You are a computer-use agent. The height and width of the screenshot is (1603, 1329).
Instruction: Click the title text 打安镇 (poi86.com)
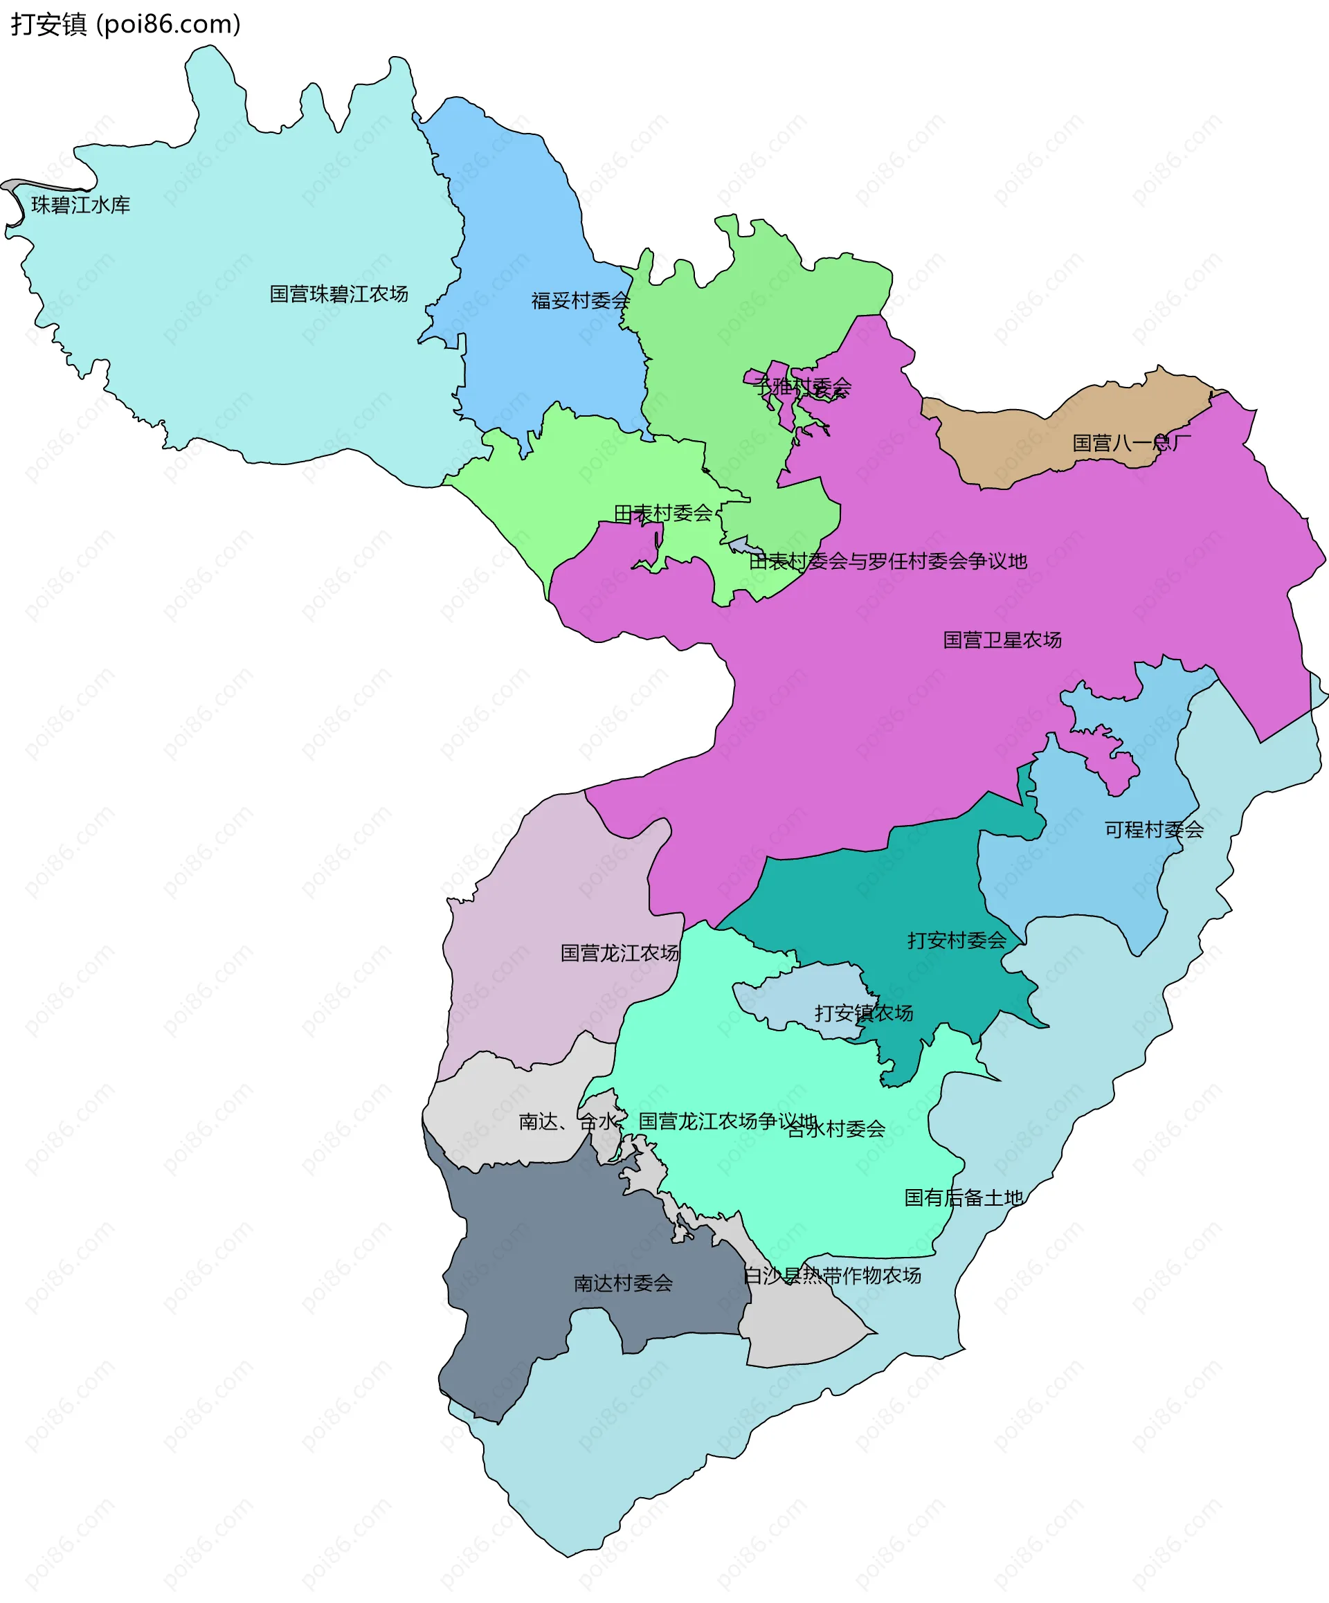(126, 24)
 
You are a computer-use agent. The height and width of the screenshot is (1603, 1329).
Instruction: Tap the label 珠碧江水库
(81, 206)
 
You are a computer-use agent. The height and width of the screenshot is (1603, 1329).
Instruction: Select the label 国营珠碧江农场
(339, 294)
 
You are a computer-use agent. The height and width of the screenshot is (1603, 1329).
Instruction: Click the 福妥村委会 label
(580, 301)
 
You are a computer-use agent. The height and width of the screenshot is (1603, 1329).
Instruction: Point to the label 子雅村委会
(802, 387)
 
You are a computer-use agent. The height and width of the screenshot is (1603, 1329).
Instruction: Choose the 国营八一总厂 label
(1130, 443)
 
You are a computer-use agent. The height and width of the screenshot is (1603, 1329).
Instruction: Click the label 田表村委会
(662, 514)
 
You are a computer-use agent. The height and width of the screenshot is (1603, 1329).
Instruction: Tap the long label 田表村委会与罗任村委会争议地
(888, 562)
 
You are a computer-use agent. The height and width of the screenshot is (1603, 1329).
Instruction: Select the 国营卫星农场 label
(1002, 640)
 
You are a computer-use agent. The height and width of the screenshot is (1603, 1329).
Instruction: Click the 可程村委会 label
(1153, 830)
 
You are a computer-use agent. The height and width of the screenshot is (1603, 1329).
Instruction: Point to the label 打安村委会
(957, 941)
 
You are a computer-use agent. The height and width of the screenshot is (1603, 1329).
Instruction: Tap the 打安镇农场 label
(863, 1013)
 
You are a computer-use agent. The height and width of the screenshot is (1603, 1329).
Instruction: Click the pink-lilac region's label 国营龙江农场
(619, 952)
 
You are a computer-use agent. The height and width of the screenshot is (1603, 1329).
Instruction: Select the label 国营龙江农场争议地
(727, 1121)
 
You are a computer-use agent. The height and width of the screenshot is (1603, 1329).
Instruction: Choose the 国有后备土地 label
(963, 1197)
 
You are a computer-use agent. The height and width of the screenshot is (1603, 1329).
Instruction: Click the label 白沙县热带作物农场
(832, 1276)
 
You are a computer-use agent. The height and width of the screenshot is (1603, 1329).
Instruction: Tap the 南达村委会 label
(623, 1283)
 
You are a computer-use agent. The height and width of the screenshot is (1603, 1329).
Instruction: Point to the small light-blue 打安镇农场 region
(802, 993)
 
